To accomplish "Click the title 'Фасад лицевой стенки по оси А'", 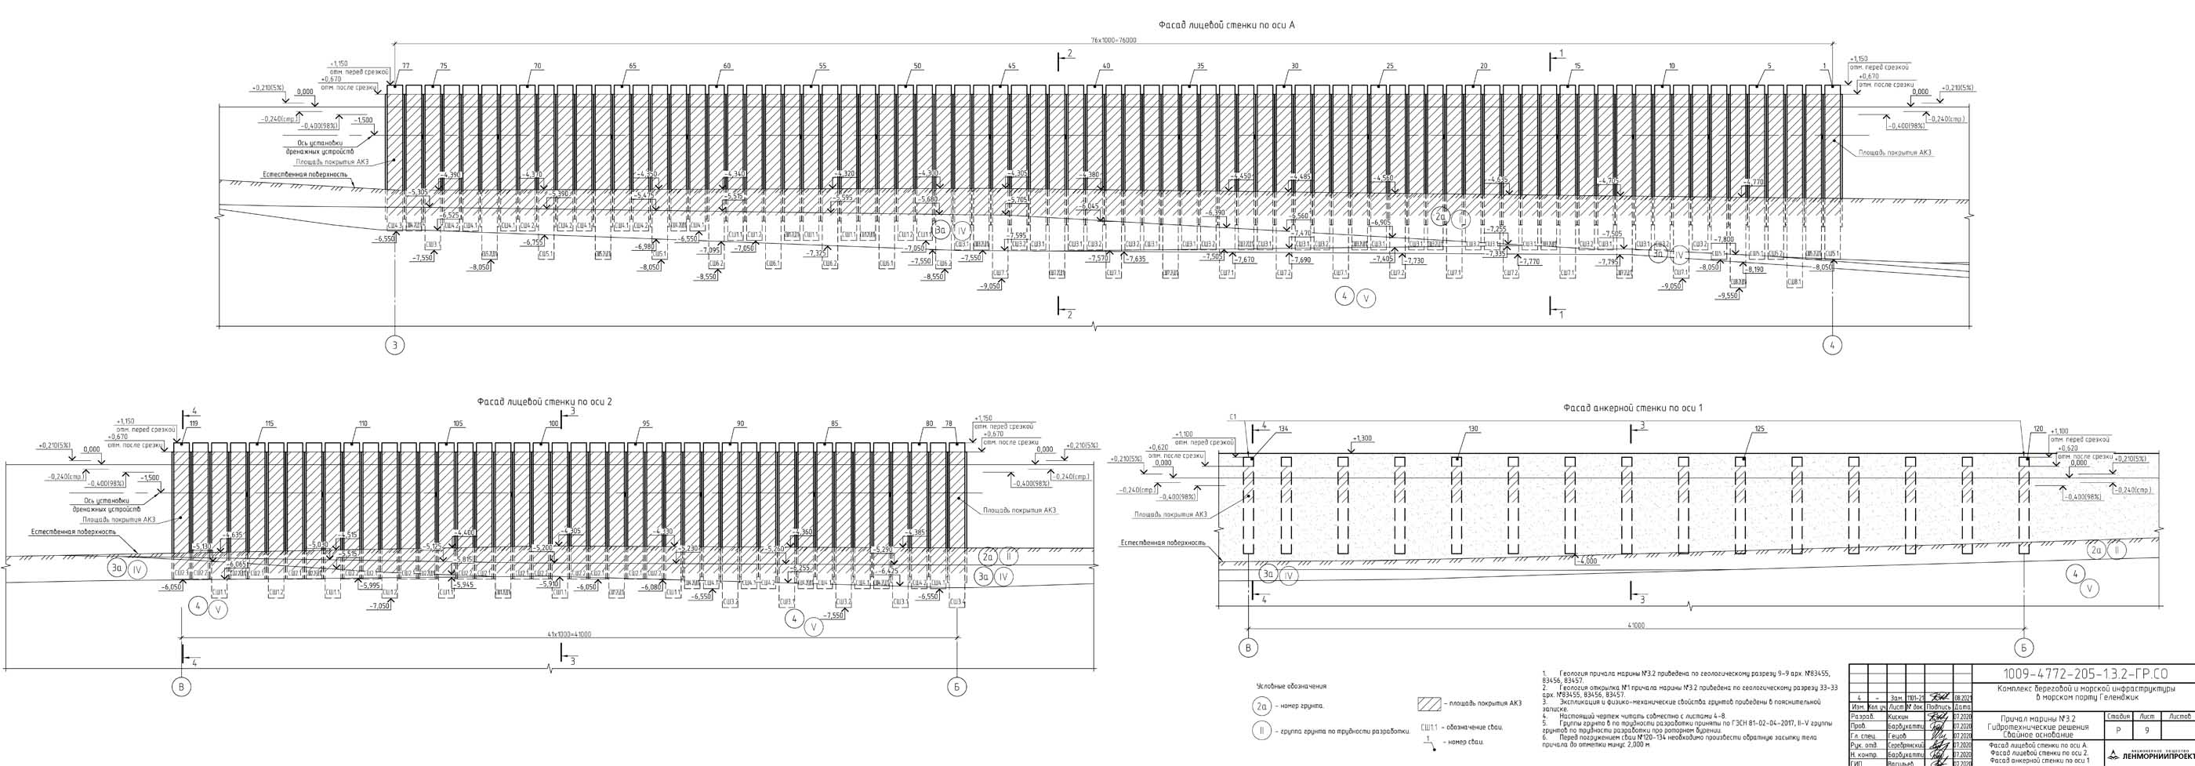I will coord(1226,26).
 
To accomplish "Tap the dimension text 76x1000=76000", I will coord(1114,41).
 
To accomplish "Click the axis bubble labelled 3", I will coord(394,345).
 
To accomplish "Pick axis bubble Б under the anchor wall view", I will coord(2023,648).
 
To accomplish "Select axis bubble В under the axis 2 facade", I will coord(180,687).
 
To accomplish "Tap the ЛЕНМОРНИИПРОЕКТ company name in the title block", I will coord(2157,756).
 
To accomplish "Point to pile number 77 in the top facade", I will coord(405,67).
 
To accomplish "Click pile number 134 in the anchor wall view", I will coord(1283,429).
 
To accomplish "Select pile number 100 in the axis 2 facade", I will coord(554,423).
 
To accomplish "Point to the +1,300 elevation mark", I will coord(1362,439).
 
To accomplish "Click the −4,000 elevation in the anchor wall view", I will coord(1587,561).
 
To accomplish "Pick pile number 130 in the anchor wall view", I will coord(1472,429).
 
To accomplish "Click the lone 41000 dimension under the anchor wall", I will coord(1636,626).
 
